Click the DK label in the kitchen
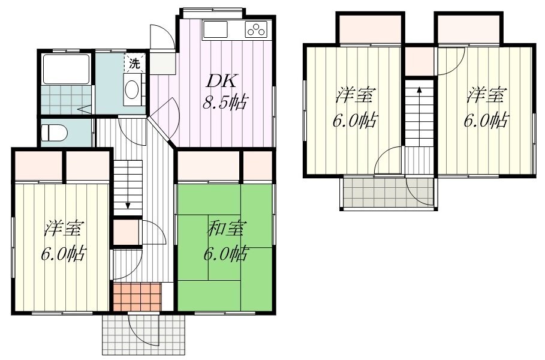tap(221, 82)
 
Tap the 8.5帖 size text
tap(225, 103)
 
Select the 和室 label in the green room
tap(225, 229)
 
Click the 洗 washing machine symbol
tap(134, 64)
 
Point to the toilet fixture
tap(54, 133)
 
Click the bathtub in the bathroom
tap(67, 69)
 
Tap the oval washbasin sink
tap(132, 90)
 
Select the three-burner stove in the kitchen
tap(257, 29)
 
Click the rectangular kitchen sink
tap(215, 29)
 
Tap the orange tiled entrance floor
tap(138, 297)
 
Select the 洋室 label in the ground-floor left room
tap(64, 229)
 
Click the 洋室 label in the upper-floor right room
tap(485, 95)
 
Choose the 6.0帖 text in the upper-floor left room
tap(354, 121)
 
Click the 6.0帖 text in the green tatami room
tap(225, 253)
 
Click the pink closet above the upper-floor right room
tap(469, 29)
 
